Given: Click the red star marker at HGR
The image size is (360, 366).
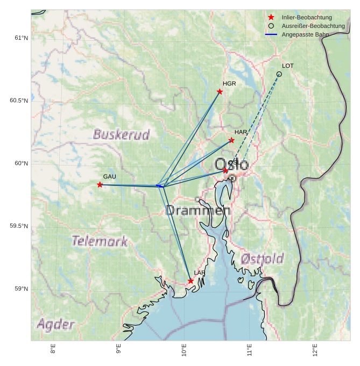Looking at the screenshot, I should tap(220, 92).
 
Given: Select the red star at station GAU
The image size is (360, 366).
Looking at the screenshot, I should tap(100, 185).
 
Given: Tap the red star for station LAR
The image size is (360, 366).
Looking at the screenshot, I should tap(191, 281).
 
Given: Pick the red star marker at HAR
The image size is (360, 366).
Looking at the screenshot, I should tap(231, 140).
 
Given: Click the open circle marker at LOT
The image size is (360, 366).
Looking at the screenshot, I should tap(279, 74).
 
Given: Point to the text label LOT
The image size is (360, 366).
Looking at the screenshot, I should tap(288, 66).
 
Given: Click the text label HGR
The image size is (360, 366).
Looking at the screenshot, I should tap(229, 84).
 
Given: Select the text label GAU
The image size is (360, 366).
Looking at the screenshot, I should tap(110, 177).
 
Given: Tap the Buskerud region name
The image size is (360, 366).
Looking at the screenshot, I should tap(121, 134).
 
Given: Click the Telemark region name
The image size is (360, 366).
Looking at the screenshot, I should tap(100, 241).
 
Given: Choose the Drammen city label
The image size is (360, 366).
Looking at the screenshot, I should tap(197, 211).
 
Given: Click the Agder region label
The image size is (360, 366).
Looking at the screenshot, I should tap(55, 325).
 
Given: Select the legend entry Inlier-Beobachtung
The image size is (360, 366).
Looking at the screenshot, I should tap(307, 17).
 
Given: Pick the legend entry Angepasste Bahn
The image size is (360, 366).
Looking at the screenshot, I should tap(305, 34).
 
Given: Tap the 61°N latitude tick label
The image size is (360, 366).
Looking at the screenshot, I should tap(21, 38).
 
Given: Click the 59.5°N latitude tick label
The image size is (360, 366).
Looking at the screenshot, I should tap(19, 226).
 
